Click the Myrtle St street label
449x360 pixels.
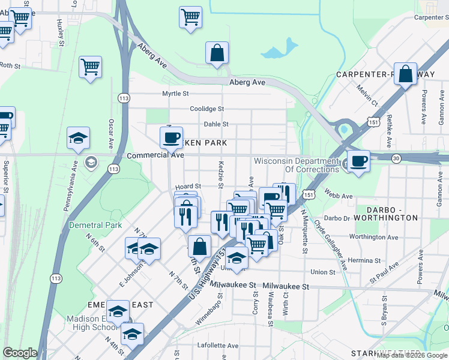click(175, 94)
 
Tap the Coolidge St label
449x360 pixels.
click(206, 109)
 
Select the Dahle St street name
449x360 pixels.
click(216, 124)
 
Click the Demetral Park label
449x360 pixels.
click(95, 226)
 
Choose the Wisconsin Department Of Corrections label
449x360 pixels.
click(297, 165)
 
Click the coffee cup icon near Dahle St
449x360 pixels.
click(171, 137)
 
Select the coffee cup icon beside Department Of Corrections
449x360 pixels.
click(359, 161)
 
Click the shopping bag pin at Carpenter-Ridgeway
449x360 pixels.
click(405, 74)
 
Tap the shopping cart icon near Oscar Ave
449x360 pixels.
click(90, 67)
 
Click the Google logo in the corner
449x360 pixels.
click(20, 353)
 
